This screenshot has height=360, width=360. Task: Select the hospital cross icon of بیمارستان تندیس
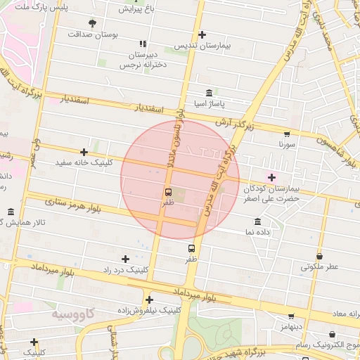coord(202,34)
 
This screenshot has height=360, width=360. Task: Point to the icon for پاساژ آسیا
coord(210,94)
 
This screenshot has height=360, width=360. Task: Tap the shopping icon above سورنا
coord(286,134)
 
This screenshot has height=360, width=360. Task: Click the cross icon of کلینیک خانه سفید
coord(84,152)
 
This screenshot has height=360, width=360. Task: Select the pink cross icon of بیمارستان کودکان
coord(272,178)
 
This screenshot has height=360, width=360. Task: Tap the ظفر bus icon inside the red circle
coord(168,192)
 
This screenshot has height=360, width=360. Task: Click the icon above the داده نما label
coord(257,221)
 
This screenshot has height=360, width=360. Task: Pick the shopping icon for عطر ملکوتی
coord(320,257)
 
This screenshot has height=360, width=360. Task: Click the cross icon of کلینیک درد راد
coord(126,259)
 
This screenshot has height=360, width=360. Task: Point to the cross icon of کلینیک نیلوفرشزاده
coord(149,300)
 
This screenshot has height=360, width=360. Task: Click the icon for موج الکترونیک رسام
coord(332,335)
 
